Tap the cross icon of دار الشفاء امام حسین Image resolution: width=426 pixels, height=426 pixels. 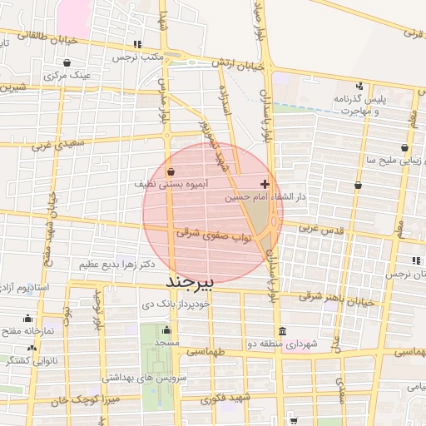[265, 184]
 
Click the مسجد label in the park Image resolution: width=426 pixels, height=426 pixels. [166, 343]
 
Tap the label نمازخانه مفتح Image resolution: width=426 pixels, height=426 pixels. [28, 330]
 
